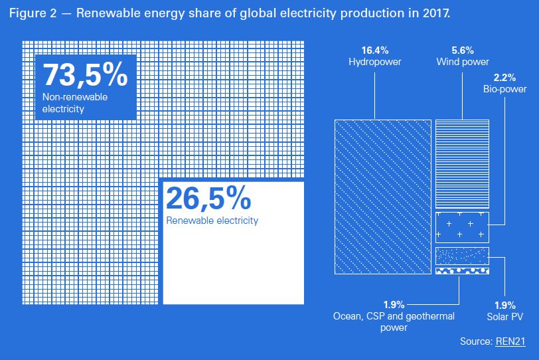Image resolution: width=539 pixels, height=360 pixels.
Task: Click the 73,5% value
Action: (85, 75)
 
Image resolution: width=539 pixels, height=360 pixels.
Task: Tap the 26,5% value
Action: (208, 199)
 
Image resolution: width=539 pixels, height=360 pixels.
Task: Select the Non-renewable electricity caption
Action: (75, 102)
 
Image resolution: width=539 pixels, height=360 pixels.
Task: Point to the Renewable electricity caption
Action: (212, 221)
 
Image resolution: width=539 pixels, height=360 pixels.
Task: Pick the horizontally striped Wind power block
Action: (462, 164)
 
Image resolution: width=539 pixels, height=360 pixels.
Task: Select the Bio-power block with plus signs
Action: (462, 228)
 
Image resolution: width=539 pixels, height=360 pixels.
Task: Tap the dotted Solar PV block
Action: (462, 256)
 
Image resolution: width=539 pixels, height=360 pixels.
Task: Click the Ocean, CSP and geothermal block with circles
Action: (462, 271)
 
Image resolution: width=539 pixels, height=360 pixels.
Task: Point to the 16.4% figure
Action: (375, 50)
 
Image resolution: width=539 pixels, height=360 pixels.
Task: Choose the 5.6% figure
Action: (463, 50)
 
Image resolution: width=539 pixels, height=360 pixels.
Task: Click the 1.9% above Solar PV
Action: (505, 305)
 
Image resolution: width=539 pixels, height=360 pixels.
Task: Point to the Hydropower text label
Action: (375, 62)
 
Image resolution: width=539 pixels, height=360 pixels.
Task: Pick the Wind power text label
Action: (463, 62)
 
